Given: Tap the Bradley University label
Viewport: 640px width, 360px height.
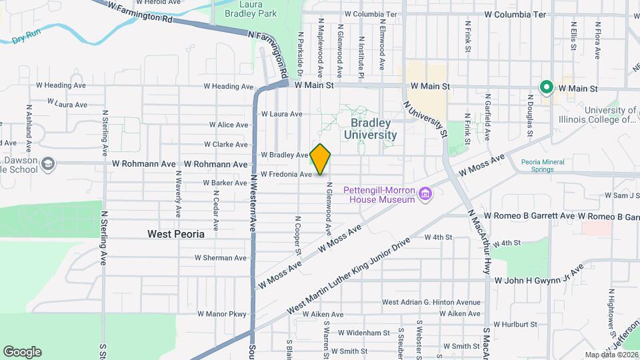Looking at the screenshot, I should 370,129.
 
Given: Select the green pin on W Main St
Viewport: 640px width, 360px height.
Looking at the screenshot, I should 546,87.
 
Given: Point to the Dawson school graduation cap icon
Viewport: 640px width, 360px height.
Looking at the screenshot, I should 48,163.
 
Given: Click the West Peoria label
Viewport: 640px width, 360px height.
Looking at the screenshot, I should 175,235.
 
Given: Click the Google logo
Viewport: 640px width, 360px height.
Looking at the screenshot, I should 22,352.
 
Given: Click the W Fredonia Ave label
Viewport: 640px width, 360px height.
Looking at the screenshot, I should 287,174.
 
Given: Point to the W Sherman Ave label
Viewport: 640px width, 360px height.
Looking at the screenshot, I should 221,258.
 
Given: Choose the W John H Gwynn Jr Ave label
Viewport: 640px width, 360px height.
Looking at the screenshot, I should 539,277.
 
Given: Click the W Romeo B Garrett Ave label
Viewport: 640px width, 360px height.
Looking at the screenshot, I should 529,216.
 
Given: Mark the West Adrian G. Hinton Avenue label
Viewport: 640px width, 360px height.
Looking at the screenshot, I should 431,302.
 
